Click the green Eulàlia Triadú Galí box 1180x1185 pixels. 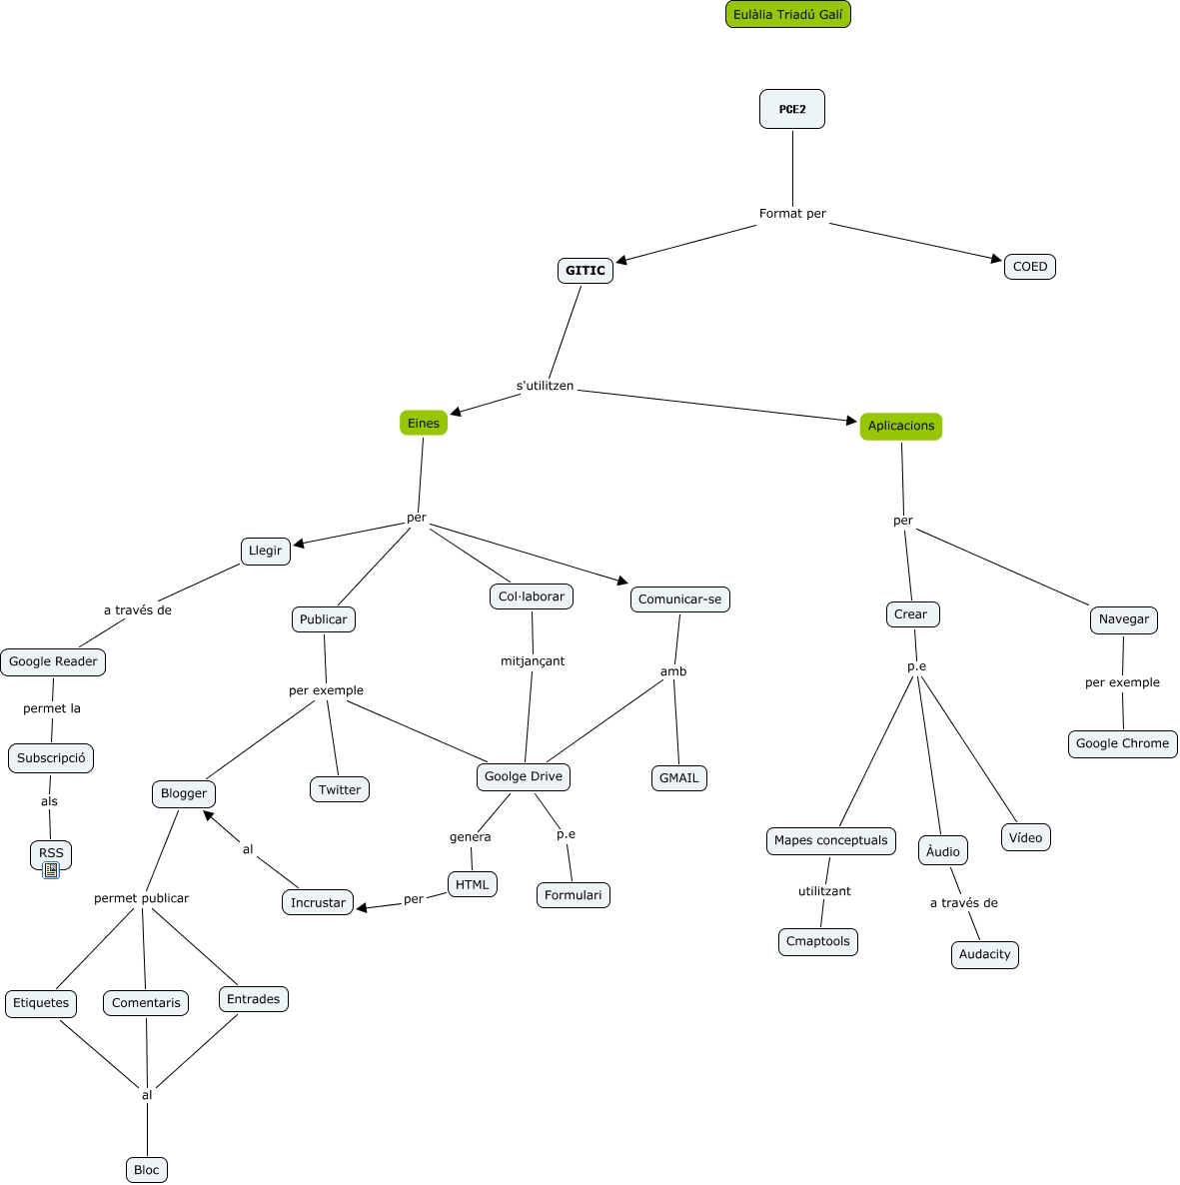(787, 15)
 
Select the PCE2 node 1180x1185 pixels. (792, 109)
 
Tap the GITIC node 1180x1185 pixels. (586, 271)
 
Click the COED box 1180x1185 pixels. (1030, 267)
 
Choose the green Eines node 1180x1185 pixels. (424, 424)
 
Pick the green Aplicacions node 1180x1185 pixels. (901, 427)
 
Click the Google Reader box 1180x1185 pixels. (53, 661)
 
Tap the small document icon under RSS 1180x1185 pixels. (51, 870)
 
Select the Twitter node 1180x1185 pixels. (340, 789)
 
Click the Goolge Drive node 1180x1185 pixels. (524, 776)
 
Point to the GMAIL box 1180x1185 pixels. (679, 778)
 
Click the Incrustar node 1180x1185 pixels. (318, 902)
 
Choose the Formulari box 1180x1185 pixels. (574, 895)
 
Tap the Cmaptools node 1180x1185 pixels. (818, 941)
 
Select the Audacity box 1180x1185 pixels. (985, 954)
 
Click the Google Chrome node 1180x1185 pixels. (1122, 743)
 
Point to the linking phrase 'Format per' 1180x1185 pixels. (792, 214)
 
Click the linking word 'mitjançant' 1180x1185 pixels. (533, 661)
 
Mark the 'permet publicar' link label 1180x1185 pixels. (141, 898)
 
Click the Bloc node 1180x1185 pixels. (147, 1170)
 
